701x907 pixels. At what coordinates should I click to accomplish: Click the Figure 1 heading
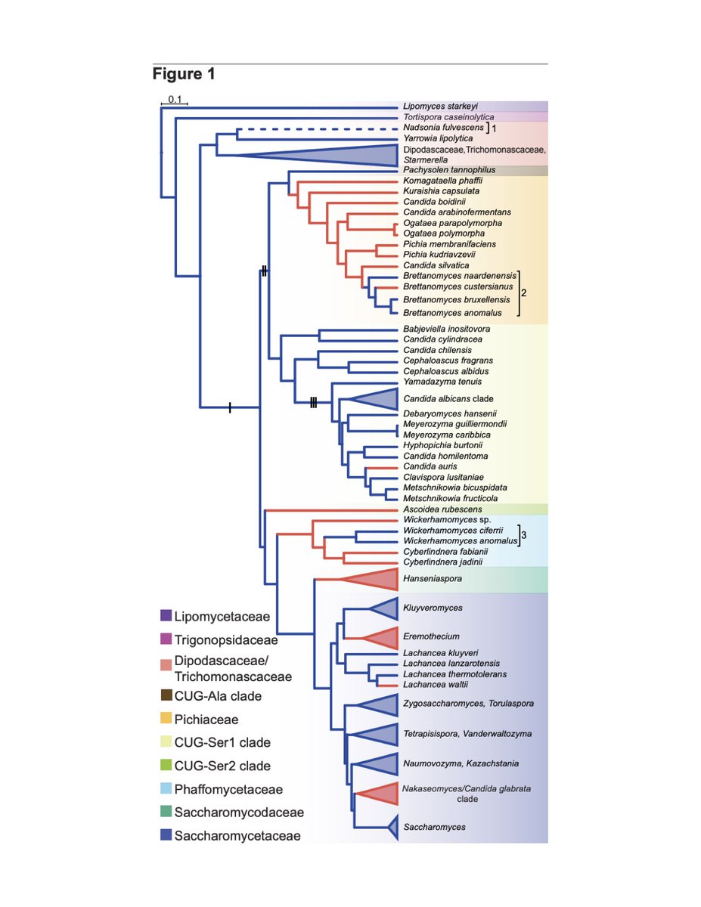click(184, 74)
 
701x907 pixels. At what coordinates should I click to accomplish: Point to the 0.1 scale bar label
click(175, 99)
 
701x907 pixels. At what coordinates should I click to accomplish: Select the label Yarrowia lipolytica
click(438, 139)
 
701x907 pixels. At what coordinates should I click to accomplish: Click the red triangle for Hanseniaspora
click(374, 580)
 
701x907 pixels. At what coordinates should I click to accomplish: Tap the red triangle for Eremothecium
click(380, 637)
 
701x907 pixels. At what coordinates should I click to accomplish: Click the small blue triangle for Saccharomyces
click(392, 828)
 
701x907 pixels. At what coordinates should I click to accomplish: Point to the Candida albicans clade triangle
click(376, 398)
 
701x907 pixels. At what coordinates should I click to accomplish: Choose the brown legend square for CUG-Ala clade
click(166, 695)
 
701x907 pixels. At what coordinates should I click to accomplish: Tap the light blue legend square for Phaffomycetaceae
click(166, 789)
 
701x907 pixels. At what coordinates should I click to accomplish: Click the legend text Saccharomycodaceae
click(239, 813)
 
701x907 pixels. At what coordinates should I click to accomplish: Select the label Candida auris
click(430, 466)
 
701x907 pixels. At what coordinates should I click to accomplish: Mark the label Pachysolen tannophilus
click(444, 171)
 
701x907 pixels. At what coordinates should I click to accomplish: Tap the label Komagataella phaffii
click(442, 181)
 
